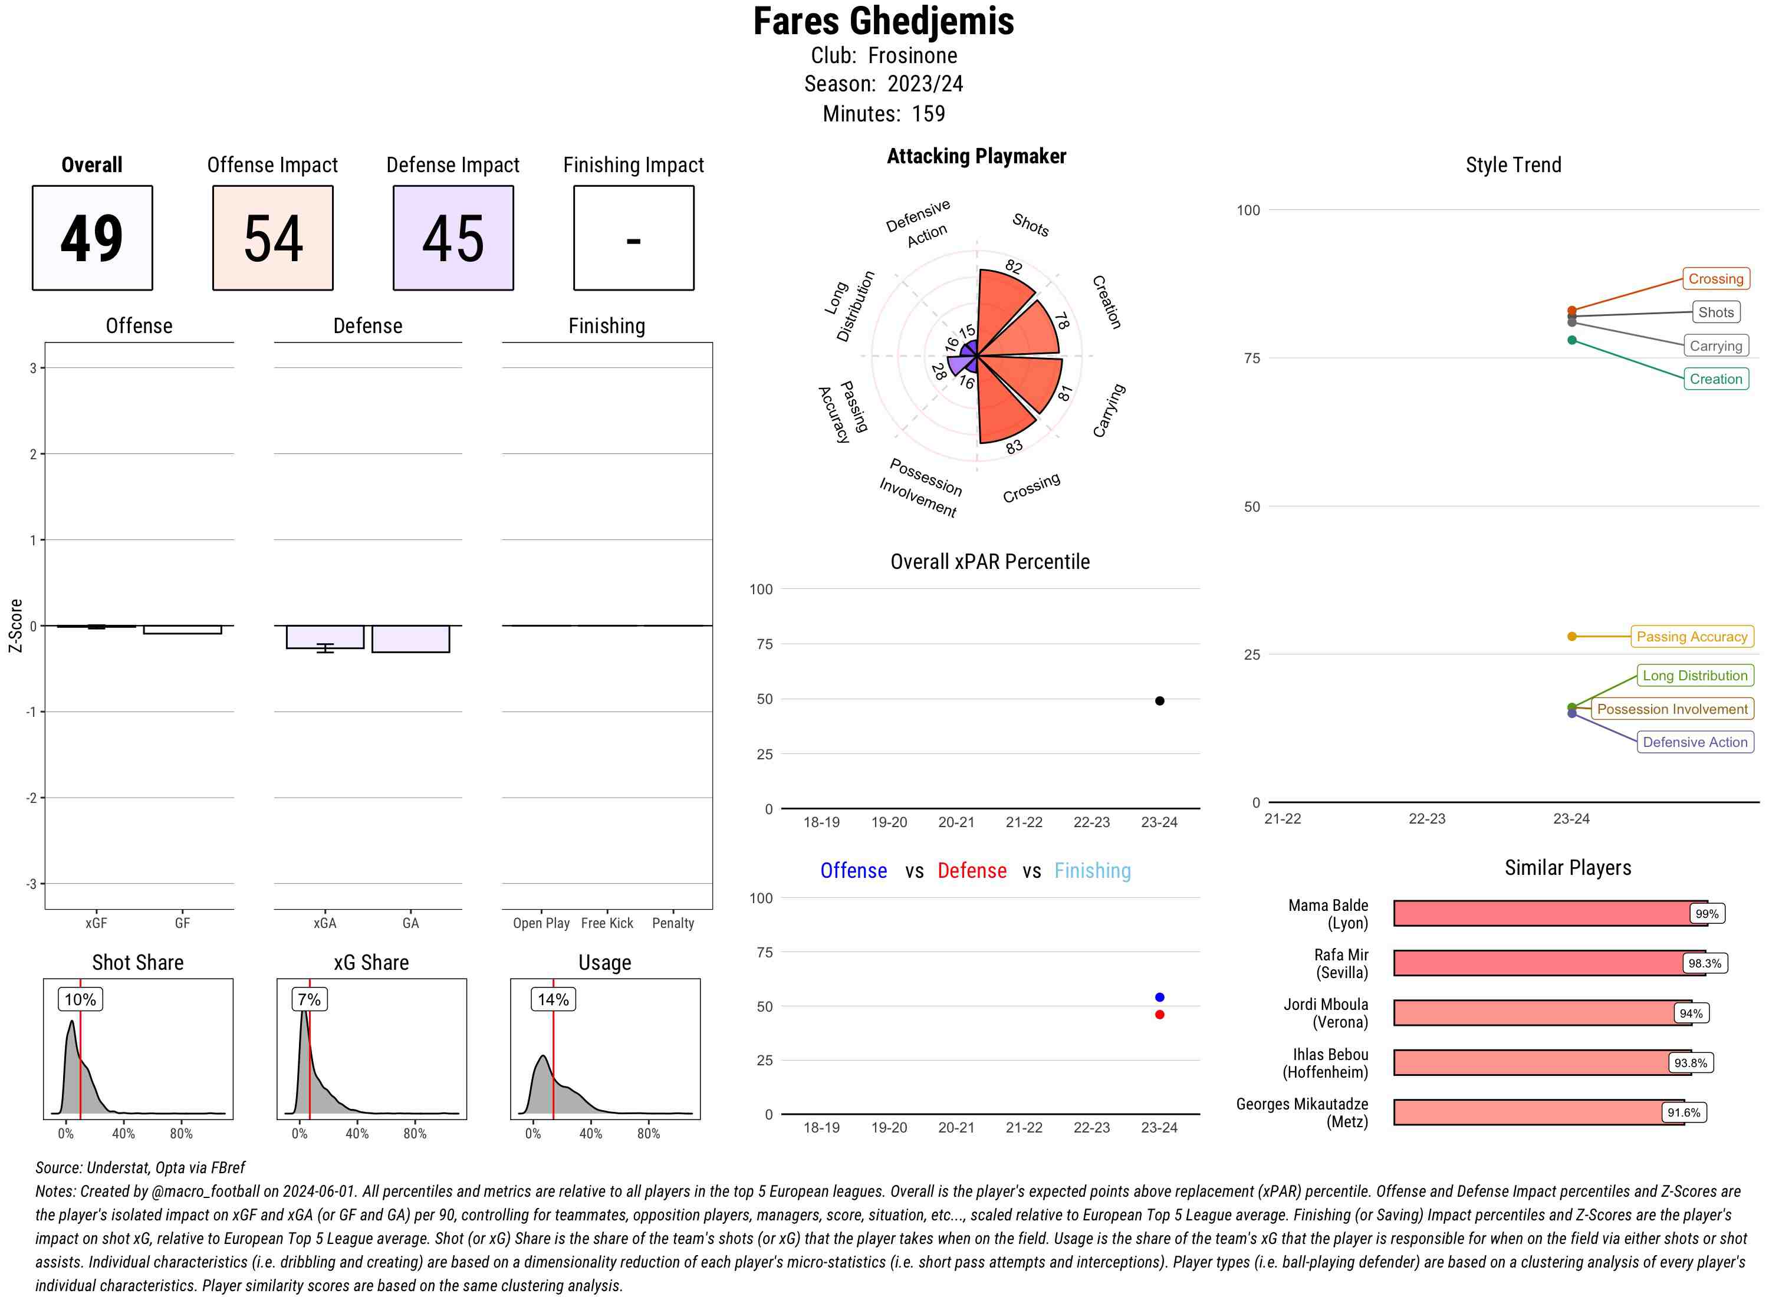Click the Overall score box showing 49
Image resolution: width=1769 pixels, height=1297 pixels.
tap(92, 238)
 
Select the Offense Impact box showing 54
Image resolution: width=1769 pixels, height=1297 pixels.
tap(272, 238)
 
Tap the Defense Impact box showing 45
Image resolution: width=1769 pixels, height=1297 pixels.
tap(453, 238)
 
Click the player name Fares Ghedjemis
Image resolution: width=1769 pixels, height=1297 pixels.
tap(883, 22)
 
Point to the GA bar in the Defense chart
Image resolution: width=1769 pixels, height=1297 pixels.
tap(410, 639)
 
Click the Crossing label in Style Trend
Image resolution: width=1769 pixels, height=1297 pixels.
tap(1715, 279)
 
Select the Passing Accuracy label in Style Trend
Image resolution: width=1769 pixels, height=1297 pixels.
tap(1691, 637)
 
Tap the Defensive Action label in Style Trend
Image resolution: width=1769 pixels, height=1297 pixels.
tap(1695, 742)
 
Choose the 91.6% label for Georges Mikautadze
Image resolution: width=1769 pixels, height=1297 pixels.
tap(1683, 1112)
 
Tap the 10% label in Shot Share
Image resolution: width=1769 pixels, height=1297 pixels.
tap(80, 999)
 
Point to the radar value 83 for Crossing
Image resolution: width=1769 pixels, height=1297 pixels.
tap(1014, 447)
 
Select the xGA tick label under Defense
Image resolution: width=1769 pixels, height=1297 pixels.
tap(324, 923)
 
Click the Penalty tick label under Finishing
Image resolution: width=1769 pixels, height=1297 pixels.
tap(673, 923)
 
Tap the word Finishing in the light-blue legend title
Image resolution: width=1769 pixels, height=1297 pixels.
tap(1092, 871)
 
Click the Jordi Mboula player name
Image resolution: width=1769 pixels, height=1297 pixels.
tap(1326, 1013)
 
